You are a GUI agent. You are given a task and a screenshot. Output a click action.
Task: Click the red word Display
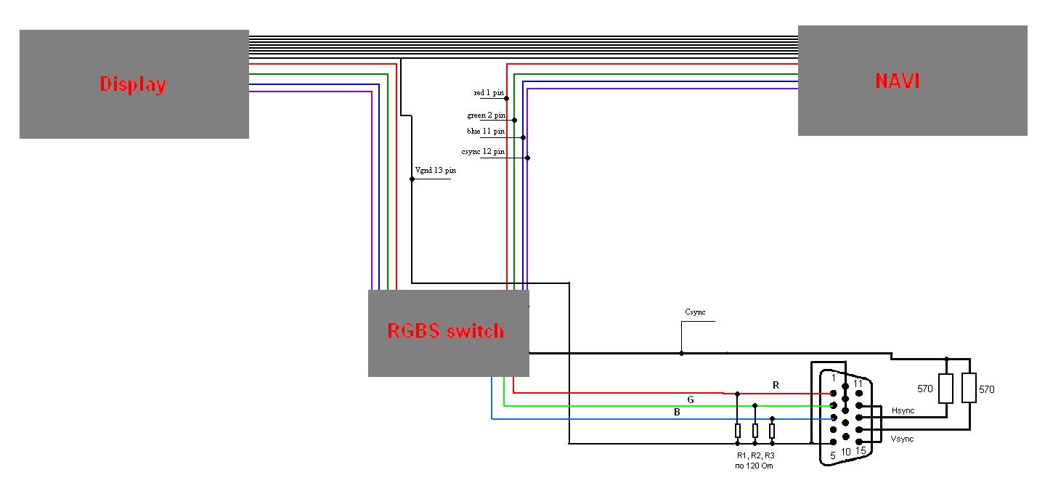133,84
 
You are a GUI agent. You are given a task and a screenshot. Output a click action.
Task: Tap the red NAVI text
898,81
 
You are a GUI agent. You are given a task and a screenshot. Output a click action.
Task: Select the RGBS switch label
445,331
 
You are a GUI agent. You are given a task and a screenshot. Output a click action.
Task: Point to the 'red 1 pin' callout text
489,93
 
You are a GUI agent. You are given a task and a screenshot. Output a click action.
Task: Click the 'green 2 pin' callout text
486,115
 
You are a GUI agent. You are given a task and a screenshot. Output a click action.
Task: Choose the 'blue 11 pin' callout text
486,131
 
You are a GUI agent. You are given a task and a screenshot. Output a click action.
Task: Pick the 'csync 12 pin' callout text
483,152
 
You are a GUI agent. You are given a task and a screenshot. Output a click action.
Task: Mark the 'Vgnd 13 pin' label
435,171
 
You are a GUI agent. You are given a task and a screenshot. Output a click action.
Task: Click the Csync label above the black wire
695,312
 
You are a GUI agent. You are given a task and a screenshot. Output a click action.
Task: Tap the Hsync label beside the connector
903,411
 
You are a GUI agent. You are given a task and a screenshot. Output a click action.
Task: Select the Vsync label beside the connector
902,439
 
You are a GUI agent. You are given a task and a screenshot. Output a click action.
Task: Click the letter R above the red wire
776,385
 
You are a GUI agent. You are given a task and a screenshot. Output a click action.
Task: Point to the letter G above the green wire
691,399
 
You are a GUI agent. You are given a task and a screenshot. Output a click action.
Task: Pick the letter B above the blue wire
677,413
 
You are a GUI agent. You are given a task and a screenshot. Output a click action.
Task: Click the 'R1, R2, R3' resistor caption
755,455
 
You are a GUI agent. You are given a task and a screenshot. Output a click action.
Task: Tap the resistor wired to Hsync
945,389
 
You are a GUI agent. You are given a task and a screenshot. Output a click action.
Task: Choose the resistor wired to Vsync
969,389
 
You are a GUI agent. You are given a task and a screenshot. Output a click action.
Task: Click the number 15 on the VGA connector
861,451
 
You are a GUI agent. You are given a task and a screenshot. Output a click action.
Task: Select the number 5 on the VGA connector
832,455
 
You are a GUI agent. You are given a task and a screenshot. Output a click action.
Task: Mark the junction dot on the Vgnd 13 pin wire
412,179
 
